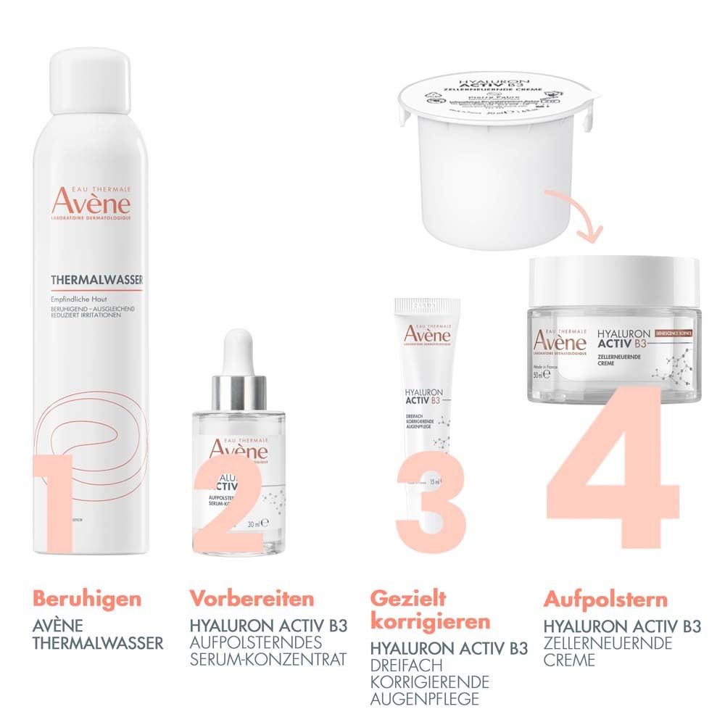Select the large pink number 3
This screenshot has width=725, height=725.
pyautogui.click(x=431, y=507)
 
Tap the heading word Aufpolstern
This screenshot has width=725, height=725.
pyautogui.click(x=605, y=600)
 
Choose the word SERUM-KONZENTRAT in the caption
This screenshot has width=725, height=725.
pyautogui.click(x=268, y=660)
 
